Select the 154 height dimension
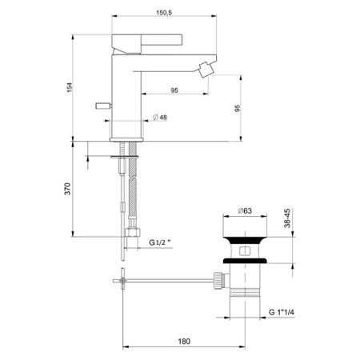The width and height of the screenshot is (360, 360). pyautogui.click(x=70, y=86)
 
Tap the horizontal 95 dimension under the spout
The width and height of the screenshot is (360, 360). pyautogui.click(x=174, y=90)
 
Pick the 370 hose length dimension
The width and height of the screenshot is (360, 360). pyautogui.click(x=70, y=190)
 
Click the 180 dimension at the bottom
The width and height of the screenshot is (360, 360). pyautogui.click(x=183, y=342)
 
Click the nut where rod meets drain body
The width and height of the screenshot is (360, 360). pyautogui.click(x=218, y=279)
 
